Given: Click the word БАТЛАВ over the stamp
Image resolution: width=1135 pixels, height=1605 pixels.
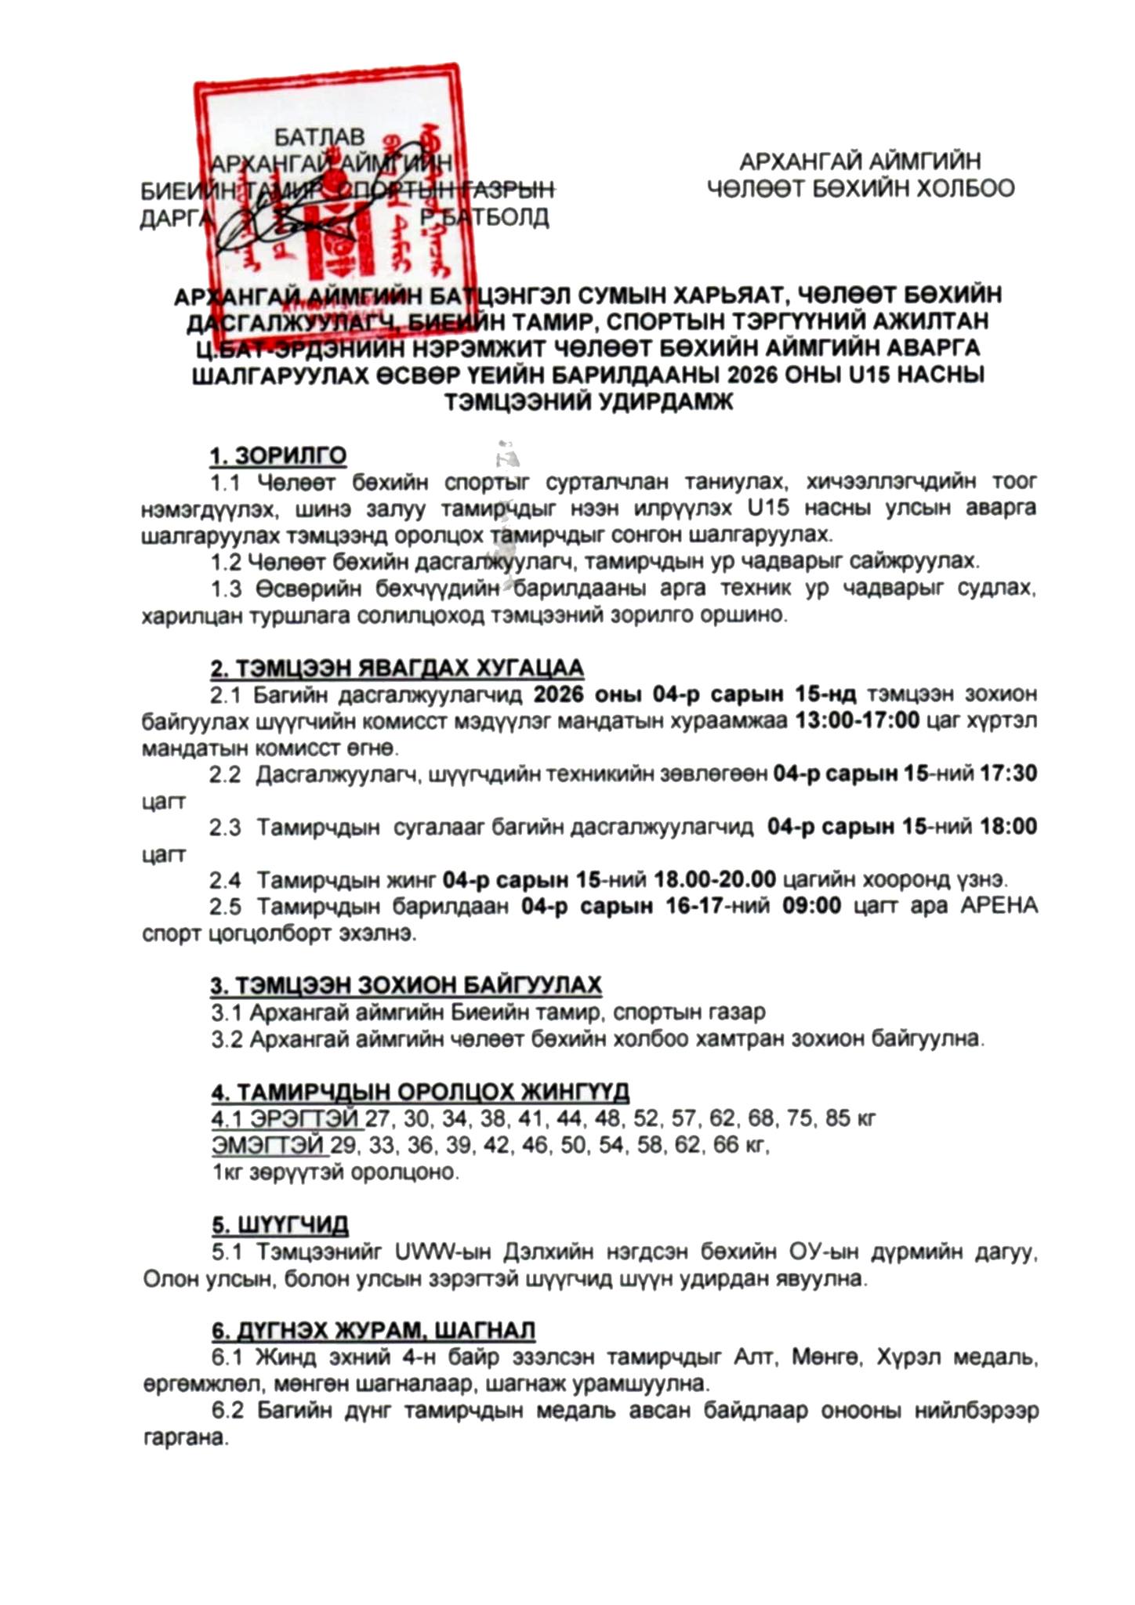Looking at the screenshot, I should click(x=319, y=137).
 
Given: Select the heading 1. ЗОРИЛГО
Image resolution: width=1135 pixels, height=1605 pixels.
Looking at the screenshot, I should click(x=277, y=455).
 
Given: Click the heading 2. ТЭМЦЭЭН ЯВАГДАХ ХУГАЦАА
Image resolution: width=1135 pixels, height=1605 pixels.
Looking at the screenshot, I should click(x=397, y=668).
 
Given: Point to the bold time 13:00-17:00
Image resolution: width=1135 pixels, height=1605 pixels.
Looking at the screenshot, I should click(x=857, y=720).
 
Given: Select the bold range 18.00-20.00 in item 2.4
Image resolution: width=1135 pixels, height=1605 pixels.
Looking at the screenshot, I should click(x=714, y=879).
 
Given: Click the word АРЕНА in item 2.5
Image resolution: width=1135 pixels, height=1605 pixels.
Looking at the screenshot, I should click(x=999, y=906).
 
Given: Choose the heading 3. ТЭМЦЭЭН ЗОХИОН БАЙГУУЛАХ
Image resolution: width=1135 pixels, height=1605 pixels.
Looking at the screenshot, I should click(x=405, y=985).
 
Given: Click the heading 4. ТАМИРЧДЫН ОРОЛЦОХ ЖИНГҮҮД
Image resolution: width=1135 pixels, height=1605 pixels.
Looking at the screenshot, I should click(x=419, y=1092).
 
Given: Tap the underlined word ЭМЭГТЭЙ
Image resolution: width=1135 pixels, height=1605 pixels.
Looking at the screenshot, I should click(x=269, y=1145).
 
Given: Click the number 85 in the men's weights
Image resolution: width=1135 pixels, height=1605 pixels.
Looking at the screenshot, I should click(x=837, y=1118).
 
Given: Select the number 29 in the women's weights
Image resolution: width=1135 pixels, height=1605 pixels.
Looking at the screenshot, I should click(x=343, y=1145).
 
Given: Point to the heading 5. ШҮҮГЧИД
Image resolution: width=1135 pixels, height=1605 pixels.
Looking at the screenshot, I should click(x=279, y=1225).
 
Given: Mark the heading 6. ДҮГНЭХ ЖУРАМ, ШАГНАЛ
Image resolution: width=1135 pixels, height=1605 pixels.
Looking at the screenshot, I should click(x=373, y=1331).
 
